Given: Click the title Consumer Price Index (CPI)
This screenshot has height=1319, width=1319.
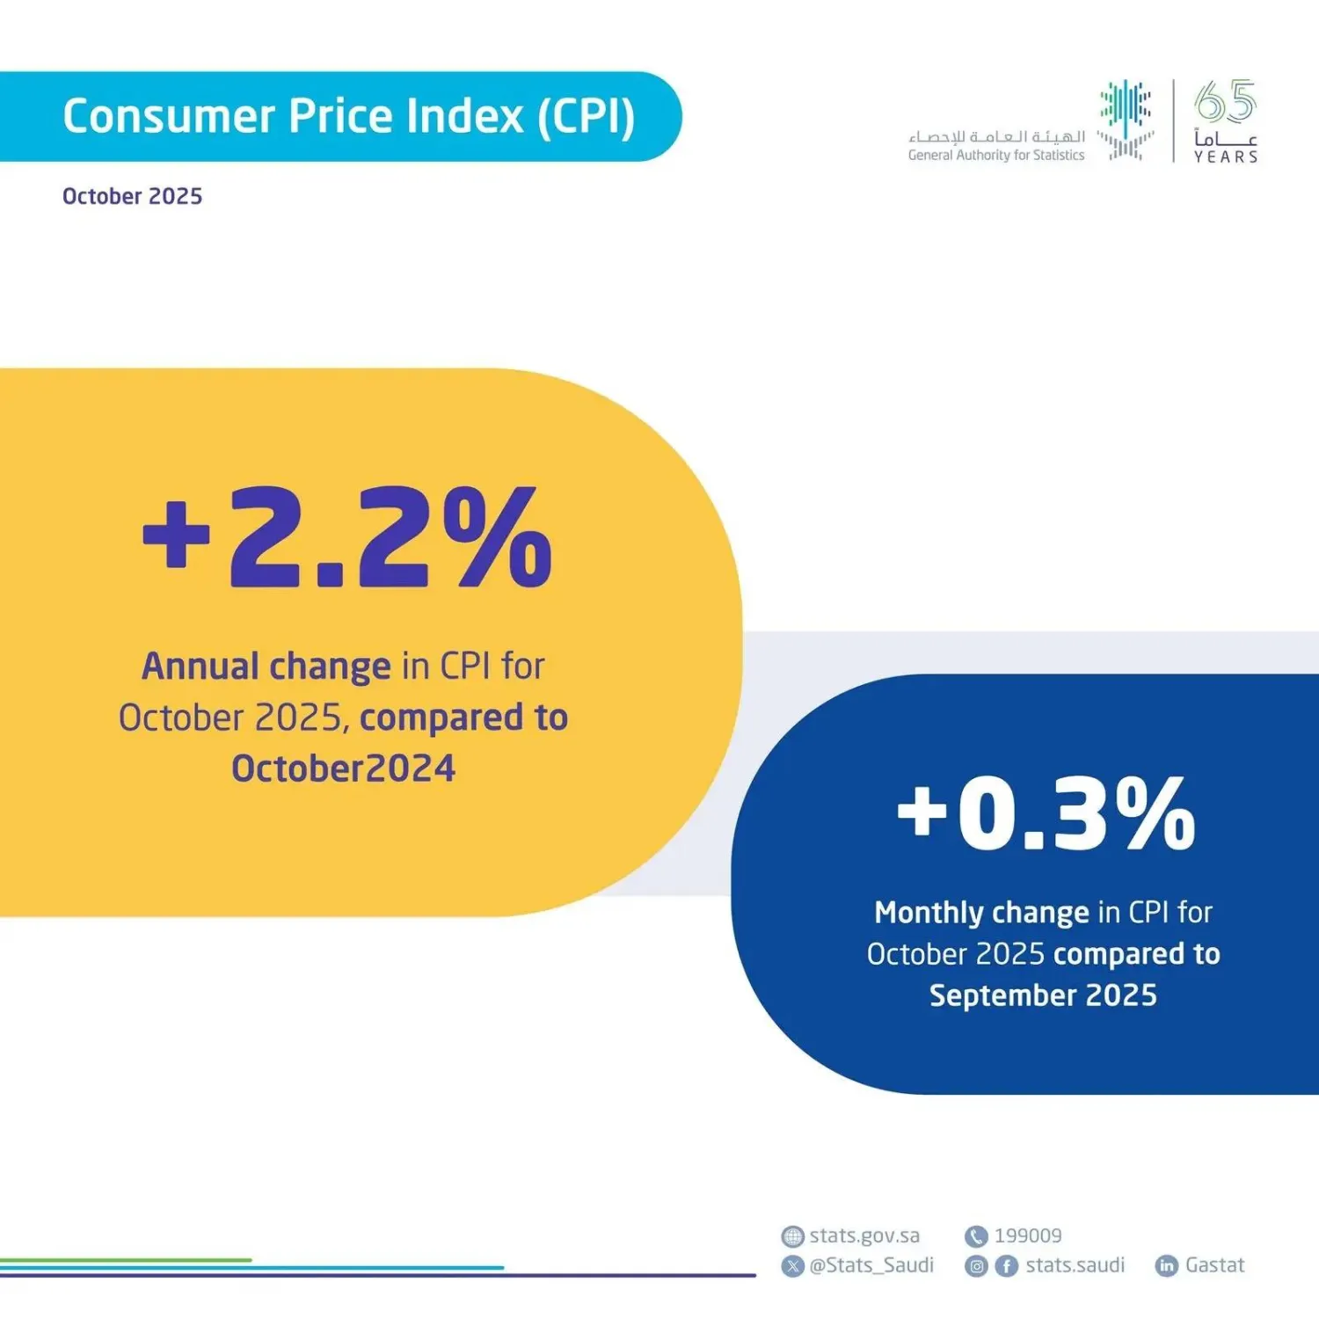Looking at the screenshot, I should click(x=348, y=117).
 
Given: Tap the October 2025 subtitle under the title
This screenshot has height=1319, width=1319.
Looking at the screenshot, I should click(x=132, y=196).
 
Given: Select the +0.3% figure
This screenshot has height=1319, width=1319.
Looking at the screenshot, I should click(x=1046, y=814).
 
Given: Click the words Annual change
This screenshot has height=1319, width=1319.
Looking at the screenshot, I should click(x=266, y=667).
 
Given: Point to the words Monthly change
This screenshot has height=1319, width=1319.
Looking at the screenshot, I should click(x=980, y=913).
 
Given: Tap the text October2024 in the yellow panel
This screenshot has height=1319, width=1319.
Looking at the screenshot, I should click(x=343, y=769).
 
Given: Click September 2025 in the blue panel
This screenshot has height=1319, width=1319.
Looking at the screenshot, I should click(x=1043, y=995).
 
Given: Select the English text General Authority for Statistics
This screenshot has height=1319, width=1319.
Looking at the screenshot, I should click(x=995, y=156).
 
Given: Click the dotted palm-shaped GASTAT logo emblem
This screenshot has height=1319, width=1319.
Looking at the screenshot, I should click(x=1125, y=120).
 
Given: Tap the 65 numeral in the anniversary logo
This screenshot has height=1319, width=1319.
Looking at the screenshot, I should click(x=1225, y=102).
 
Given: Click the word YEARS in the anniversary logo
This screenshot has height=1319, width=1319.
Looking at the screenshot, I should click(x=1225, y=157).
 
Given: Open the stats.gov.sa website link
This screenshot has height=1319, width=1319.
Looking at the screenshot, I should click(x=864, y=1235).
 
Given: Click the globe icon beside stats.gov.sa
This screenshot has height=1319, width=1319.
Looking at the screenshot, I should click(x=792, y=1236).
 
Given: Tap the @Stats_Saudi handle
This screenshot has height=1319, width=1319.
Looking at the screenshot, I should click(x=871, y=1265).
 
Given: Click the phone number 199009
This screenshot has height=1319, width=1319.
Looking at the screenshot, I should click(x=1027, y=1235).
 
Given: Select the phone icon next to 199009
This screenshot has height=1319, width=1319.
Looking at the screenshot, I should click(x=975, y=1236).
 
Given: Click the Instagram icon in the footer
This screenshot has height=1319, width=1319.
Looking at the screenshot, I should click(x=976, y=1266).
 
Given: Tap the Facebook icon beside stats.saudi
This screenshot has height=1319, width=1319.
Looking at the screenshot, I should click(x=1006, y=1266).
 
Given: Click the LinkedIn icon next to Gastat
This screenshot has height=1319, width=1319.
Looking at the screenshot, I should click(x=1166, y=1266).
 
